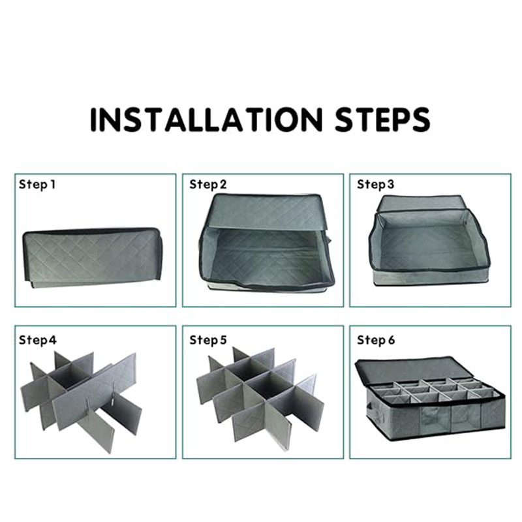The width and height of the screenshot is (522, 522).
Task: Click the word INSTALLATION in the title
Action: (x=206, y=119)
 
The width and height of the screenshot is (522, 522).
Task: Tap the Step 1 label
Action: (x=37, y=185)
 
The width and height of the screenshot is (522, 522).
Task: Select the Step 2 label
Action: (x=208, y=185)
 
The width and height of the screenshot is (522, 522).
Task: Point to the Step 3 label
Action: (x=376, y=185)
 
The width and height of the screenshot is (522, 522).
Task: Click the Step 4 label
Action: (x=38, y=340)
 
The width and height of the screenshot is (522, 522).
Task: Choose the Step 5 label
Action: (x=208, y=340)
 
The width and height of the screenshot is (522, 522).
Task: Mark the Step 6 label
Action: (x=376, y=340)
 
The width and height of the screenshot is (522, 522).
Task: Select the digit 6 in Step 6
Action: (x=391, y=340)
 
